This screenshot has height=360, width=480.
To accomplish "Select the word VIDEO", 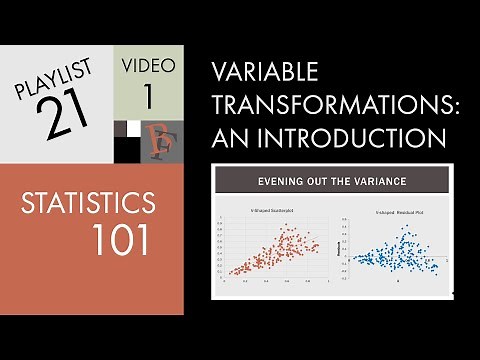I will coord(149,67).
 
